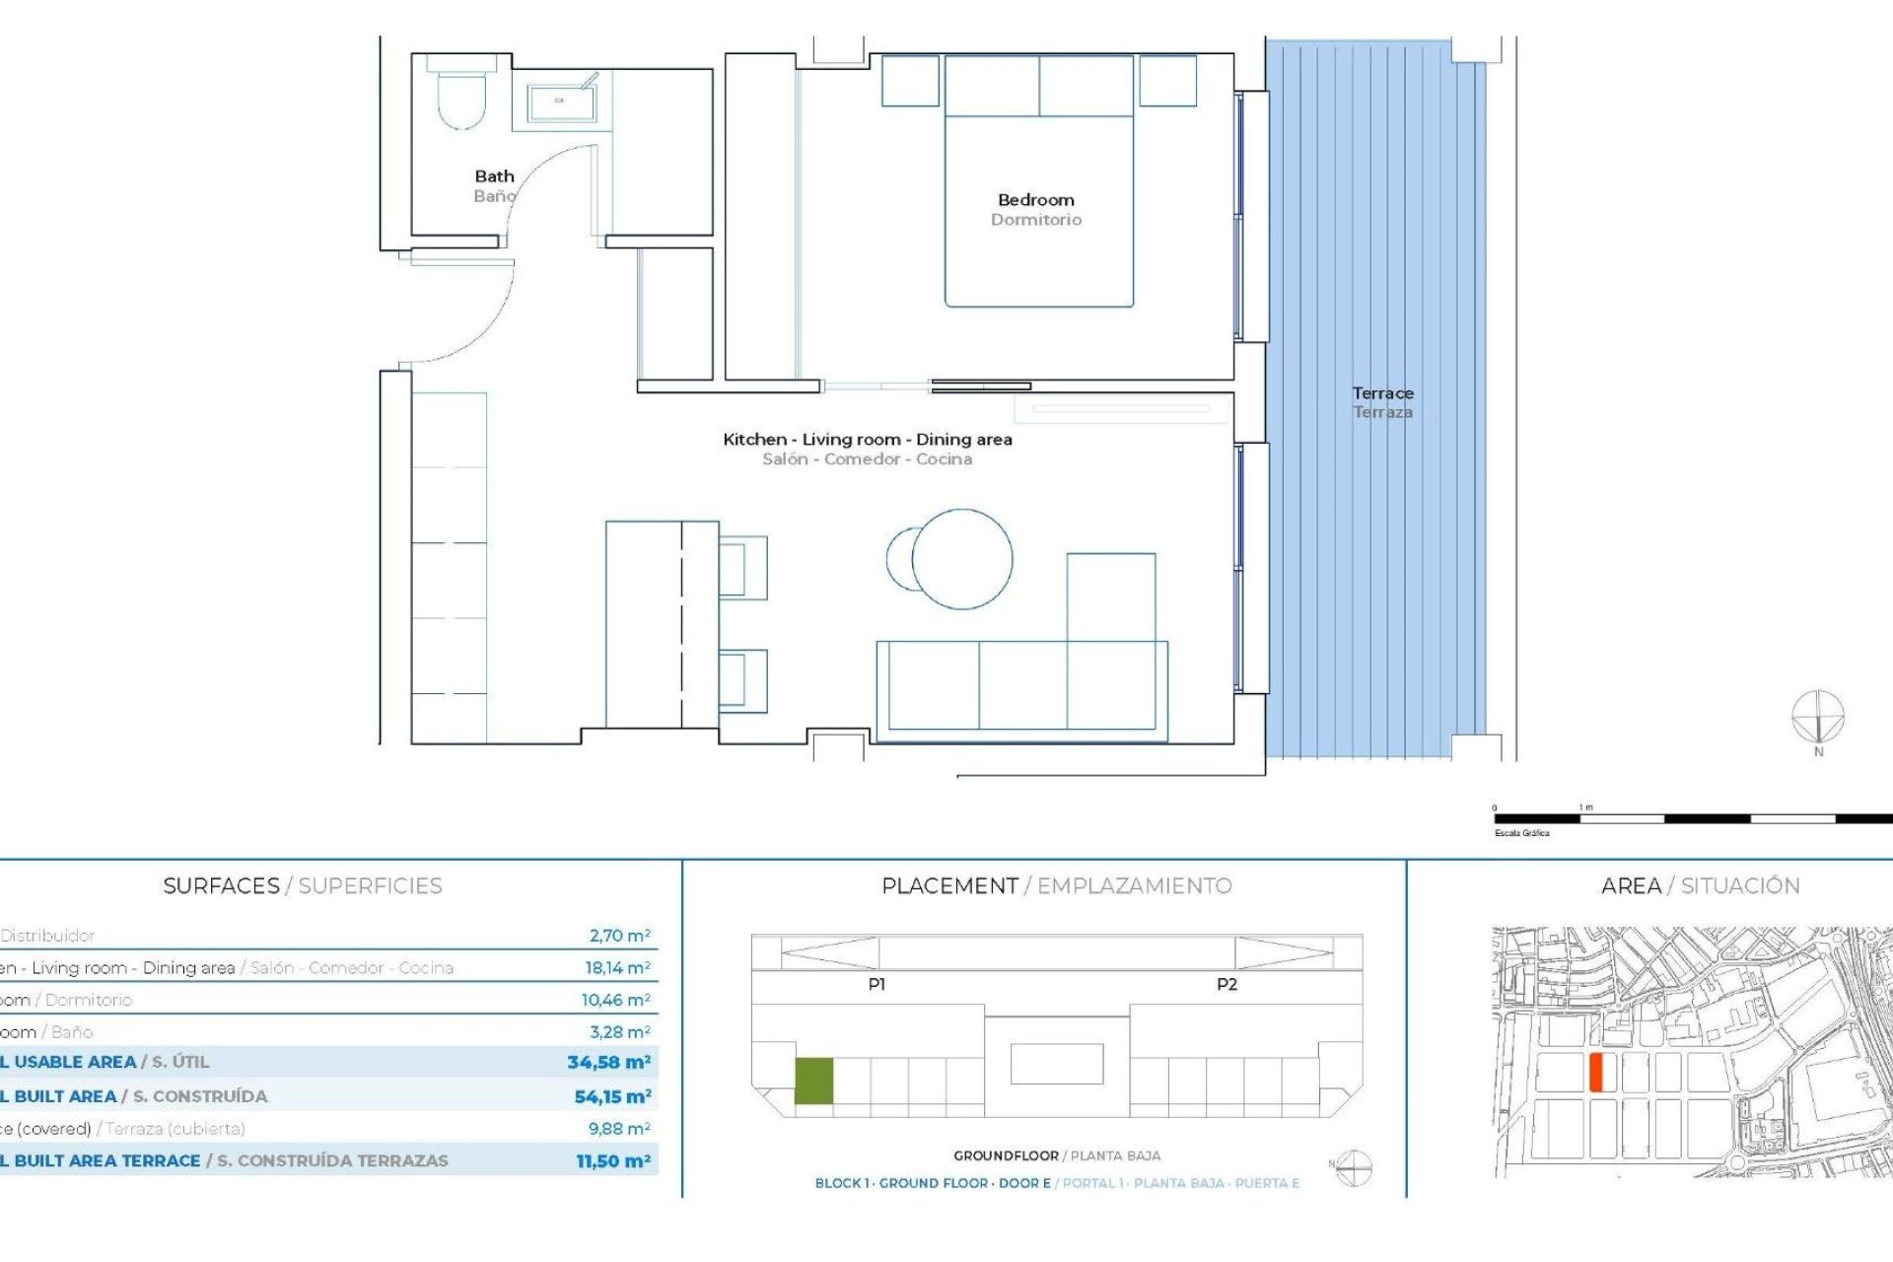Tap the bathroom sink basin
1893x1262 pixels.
click(560, 102)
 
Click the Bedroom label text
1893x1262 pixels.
click(1035, 200)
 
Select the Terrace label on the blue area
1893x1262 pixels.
click(1382, 393)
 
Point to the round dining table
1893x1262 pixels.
click(961, 559)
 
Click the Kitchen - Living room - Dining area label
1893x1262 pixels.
click(867, 440)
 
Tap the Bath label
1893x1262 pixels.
click(494, 176)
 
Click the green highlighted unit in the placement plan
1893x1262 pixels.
click(813, 1081)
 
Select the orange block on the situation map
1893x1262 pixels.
click(1596, 1072)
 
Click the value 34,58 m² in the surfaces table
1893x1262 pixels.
click(608, 1062)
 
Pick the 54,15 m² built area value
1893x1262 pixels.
click(612, 1096)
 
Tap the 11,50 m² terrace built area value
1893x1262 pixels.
click(613, 1161)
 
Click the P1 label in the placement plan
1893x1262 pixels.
click(876, 984)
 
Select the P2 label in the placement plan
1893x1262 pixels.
click(1227, 984)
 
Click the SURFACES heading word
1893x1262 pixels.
click(221, 885)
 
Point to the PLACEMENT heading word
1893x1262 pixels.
click(949, 885)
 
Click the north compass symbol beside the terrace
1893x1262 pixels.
click(1817, 717)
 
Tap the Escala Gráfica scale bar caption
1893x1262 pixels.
click(1521, 833)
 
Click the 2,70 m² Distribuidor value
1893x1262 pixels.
click(619, 936)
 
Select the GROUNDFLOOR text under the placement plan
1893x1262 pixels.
click(1005, 1156)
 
